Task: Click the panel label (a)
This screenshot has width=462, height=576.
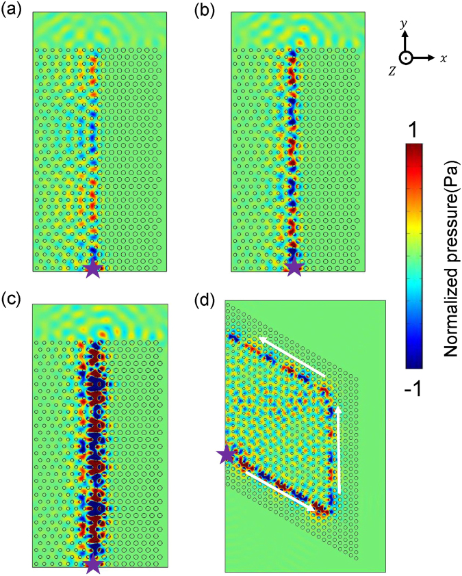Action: click(x=12, y=10)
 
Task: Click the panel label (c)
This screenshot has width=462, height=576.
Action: click(x=12, y=298)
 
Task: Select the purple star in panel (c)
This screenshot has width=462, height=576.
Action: click(x=94, y=564)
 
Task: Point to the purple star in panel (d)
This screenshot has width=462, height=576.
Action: click(x=226, y=454)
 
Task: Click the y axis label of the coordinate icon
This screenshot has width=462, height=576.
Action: click(x=405, y=24)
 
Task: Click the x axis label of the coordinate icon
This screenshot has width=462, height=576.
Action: click(x=444, y=59)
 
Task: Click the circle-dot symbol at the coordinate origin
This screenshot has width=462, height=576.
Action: click(x=406, y=58)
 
